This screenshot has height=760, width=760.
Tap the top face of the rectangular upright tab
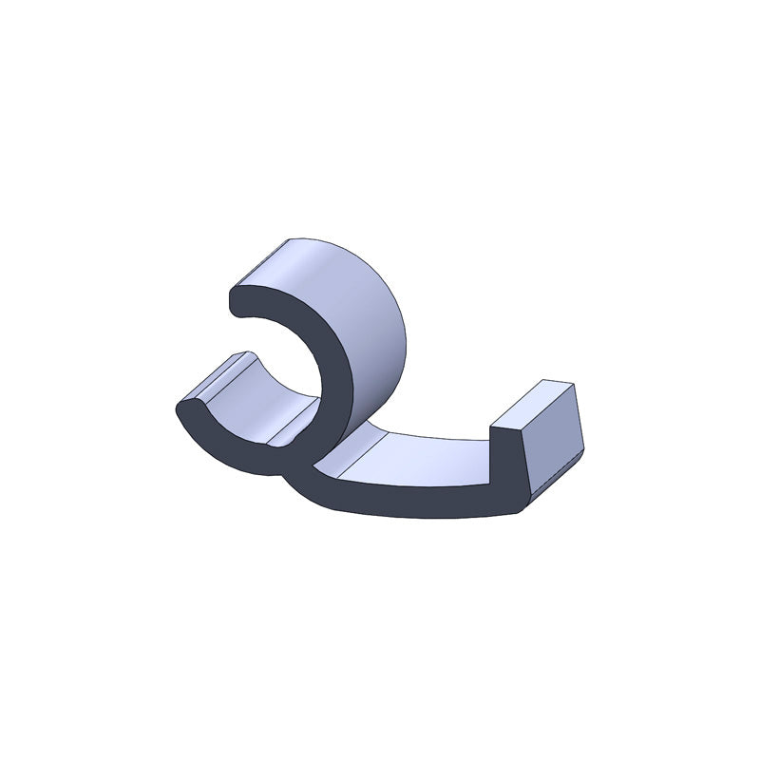(537, 404)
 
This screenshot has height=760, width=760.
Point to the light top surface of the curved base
(418, 456)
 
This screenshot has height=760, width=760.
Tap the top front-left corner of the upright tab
(492, 427)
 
